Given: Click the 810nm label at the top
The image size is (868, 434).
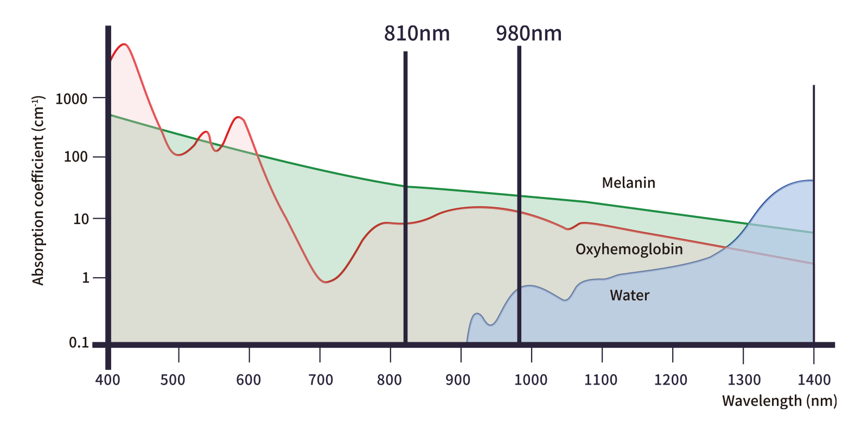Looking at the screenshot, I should click(x=417, y=34).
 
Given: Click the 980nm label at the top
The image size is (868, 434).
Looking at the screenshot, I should click(x=528, y=34).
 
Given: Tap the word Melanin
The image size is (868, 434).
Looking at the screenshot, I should click(x=628, y=183).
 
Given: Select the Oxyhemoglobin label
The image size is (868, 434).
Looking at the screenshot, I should click(x=629, y=250).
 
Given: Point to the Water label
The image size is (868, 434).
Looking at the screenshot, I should click(x=629, y=296).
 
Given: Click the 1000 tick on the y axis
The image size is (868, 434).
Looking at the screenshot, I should click(x=71, y=99).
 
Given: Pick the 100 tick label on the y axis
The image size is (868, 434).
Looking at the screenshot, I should click(x=75, y=157).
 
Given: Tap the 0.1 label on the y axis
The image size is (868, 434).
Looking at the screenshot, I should click(x=79, y=343).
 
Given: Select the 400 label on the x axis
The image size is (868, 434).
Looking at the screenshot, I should click(x=107, y=380).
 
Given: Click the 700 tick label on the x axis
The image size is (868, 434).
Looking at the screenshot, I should click(x=321, y=380).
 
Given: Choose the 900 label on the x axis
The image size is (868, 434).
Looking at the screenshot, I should click(x=458, y=380).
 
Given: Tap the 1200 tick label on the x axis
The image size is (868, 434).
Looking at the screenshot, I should click(x=671, y=380).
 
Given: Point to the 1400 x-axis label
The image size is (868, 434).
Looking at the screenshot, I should click(x=814, y=380).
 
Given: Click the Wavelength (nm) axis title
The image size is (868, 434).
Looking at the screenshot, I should click(x=778, y=401).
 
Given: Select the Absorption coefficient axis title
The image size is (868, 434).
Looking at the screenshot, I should click(x=38, y=190).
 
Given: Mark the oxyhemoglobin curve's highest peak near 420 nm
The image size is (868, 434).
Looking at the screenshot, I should click(x=125, y=44).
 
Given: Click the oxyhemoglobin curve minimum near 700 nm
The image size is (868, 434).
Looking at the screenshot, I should click(x=325, y=282).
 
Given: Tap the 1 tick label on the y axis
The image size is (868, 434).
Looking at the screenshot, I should click(x=86, y=278).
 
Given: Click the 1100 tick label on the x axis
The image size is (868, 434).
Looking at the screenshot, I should click(x=601, y=380).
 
